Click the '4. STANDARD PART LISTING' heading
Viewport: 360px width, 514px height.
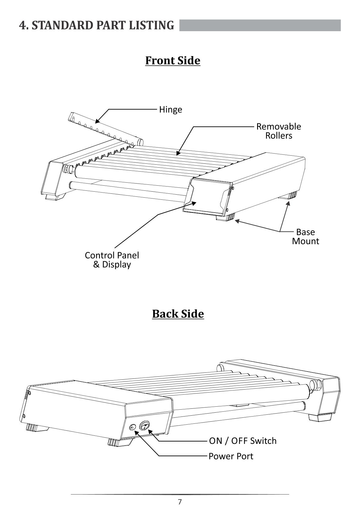pos(96,25)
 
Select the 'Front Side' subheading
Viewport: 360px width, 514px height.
pos(172,60)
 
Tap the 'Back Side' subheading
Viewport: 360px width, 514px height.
pos(178,314)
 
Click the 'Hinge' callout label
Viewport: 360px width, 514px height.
pos(170,109)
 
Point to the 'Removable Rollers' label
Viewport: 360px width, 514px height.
pos(278,131)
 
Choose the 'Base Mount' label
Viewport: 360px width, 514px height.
pos(305,236)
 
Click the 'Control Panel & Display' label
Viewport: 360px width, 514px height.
pos(112,260)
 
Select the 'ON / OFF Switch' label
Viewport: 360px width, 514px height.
pos(243,441)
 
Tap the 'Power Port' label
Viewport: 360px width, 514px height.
pos(231,456)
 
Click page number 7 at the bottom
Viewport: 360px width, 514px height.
pos(180,502)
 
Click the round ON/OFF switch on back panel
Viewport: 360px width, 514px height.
pos(145,426)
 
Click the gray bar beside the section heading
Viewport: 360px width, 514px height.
pos(260,25)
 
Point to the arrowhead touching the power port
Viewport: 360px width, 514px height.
pos(136,433)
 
